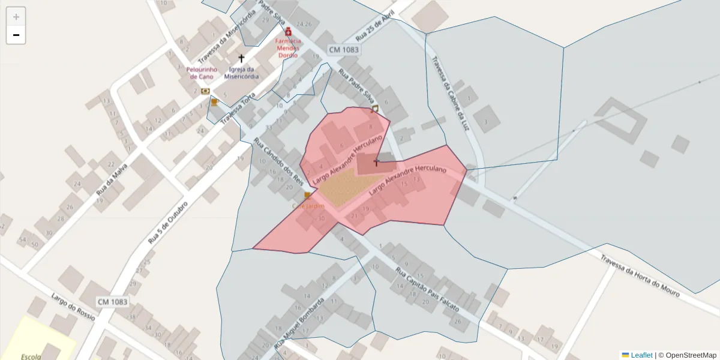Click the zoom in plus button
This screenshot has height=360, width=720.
point(16,17)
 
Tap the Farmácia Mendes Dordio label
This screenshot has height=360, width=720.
point(288,48)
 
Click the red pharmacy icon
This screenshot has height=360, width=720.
point(288,31)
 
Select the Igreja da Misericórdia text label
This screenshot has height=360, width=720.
point(241,73)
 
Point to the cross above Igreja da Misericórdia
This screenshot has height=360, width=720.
point(241,59)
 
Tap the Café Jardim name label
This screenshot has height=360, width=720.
point(308,206)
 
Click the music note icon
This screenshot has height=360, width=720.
point(375,109)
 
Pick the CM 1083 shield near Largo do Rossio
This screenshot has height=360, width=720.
point(112,302)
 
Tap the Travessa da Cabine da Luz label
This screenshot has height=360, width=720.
point(450,94)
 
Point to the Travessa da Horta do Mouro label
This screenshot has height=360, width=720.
point(640,275)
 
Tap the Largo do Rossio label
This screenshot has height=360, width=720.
point(73,307)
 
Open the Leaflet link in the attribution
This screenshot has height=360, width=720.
point(641,355)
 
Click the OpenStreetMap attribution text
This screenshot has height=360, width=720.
point(691,355)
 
